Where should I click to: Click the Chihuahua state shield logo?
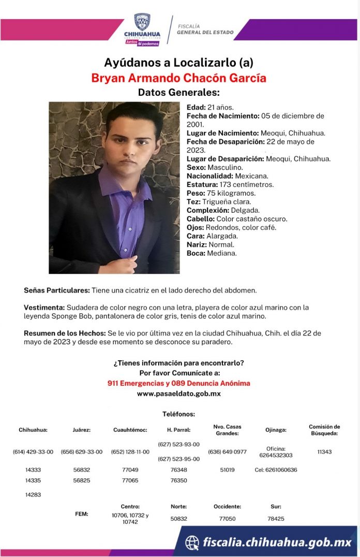click(x=142, y=22)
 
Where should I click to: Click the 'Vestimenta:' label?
click(x=44, y=307)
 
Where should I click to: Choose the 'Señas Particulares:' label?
click(x=57, y=290)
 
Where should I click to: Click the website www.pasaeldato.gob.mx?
click(x=179, y=393)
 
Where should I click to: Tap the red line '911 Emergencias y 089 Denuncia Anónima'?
click(x=179, y=383)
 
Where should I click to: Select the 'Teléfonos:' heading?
click(x=178, y=414)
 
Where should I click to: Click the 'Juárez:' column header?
click(x=82, y=430)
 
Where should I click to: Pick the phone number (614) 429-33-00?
click(x=33, y=452)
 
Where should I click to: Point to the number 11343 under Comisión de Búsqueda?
click(x=324, y=452)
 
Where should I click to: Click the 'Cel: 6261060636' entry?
click(x=276, y=470)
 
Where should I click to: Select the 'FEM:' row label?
click(x=82, y=514)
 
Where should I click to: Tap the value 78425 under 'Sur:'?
click(x=276, y=518)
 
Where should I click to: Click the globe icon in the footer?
click(x=192, y=542)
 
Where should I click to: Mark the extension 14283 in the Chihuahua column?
click(x=33, y=494)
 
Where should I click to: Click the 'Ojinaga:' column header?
click(x=276, y=430)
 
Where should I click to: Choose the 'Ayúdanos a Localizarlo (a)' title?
click(x=178, y=63)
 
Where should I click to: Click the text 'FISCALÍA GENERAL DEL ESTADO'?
click(x=205, y=29)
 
